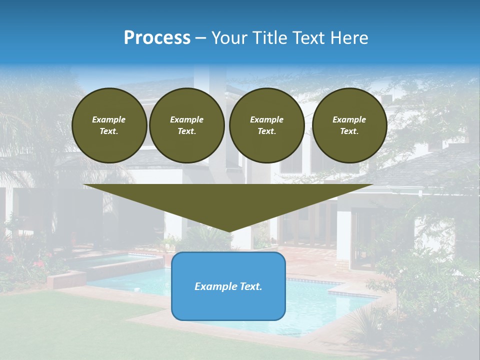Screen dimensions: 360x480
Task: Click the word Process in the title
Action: coord(157,38)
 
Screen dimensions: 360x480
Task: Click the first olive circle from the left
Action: coord(109,125)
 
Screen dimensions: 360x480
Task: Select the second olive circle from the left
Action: coord(186,125)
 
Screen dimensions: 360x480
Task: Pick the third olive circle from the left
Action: coord(266,125)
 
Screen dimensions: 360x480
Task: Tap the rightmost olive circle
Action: coord(349,125)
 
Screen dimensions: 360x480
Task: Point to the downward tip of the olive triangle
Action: coord(229,231)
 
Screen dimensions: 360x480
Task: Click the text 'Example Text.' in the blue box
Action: coord(228,286)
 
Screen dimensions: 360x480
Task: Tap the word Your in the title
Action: coord(229,38)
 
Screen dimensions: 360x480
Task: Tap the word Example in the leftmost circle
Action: coord(109,119)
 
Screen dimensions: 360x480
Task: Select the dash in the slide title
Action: coord(200,38)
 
